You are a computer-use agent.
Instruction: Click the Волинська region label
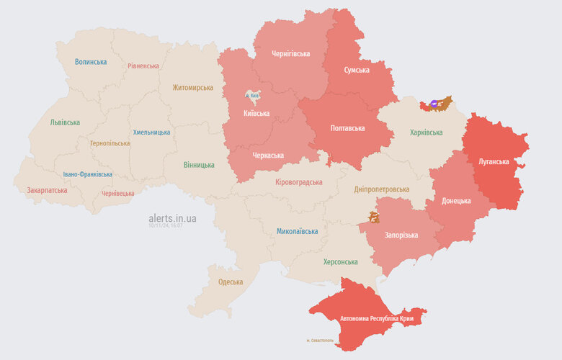tap(91, 62)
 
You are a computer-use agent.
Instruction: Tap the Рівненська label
tap(143, 66)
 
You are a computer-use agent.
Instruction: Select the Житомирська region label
tap(192, 88)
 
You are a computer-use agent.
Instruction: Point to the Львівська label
tap(65, 122)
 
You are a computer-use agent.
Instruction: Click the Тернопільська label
tap(110, 143)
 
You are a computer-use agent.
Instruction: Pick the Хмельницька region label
tap(151, 132)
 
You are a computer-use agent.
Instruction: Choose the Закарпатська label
tap(47, 191)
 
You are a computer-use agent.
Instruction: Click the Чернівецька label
tap(117, 194)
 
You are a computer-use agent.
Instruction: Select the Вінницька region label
tap(199, 165)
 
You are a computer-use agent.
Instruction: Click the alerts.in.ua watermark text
tap(172, 217)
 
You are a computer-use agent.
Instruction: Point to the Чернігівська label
tap(291, 54)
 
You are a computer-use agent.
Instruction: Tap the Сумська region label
tap(357, 70)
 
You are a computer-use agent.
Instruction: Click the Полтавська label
tap(347, 128)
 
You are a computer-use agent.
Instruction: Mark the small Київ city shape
tap(252, 95)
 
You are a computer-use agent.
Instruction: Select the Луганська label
tap(494, 161)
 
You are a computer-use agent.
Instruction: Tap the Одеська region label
tap(231, 282)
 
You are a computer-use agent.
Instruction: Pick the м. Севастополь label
tap(320, 340)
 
